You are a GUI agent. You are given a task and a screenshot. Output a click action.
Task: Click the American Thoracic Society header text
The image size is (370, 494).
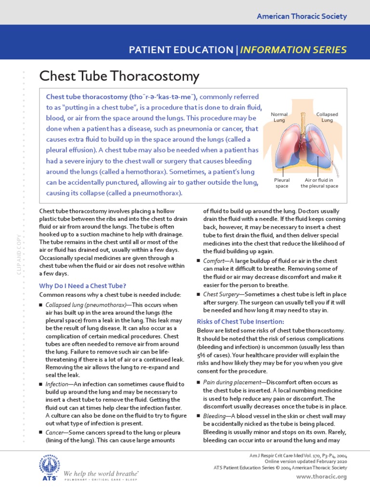(302, 16)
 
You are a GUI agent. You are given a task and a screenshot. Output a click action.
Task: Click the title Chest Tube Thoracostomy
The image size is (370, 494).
(119, 76)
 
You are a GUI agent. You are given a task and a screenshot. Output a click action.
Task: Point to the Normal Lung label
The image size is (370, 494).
(279, 117)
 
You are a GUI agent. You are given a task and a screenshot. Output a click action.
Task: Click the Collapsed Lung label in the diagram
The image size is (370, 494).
(327, 117)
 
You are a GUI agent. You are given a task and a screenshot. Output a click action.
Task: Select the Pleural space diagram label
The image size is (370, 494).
(282, 183)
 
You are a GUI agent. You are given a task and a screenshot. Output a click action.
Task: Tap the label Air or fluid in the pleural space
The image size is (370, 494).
(319, 183)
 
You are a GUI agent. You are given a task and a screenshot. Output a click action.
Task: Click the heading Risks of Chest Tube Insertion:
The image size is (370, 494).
(240, 321)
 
